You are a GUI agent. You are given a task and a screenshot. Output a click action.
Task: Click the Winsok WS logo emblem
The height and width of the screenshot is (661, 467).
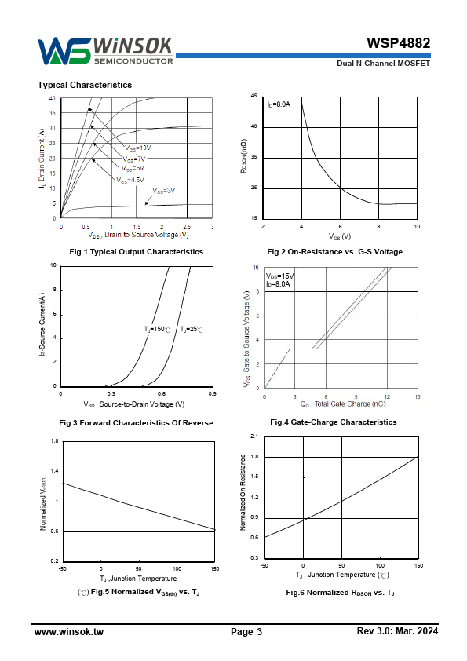[64, 52]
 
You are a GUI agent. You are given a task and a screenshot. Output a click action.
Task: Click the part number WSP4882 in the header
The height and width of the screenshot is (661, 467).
[398, 43]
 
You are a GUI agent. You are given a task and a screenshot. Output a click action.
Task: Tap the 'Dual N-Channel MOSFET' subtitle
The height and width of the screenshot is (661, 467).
[383, 64]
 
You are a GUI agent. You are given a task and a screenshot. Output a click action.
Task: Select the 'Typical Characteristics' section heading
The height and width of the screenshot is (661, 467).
[85, 85]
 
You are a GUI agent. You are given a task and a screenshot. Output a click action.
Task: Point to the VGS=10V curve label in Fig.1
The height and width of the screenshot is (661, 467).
[138, 148]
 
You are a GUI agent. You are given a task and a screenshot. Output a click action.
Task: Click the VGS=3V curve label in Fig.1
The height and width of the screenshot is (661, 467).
[163, 191]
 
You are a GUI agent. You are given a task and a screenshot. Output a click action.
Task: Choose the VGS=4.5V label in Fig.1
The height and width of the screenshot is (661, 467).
[130, 180]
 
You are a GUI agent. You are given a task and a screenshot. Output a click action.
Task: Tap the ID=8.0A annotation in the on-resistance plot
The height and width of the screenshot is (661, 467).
[279, 104]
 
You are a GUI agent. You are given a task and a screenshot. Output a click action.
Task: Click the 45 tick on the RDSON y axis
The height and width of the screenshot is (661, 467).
[254, 96]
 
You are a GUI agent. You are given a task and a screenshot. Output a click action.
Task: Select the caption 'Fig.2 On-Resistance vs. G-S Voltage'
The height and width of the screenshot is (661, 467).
[334, 252]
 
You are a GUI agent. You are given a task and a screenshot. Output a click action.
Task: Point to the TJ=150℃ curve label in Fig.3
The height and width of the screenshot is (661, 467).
[157, 329]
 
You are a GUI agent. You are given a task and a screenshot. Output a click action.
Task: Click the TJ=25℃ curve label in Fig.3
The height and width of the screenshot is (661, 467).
[192, 329]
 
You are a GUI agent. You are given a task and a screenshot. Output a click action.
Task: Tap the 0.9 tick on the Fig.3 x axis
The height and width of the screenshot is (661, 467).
[213, 394]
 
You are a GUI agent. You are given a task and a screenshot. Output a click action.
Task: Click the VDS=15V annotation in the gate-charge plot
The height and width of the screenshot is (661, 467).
[280, 276]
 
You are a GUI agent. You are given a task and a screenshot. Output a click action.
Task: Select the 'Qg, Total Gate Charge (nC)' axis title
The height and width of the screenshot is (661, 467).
[343, 404]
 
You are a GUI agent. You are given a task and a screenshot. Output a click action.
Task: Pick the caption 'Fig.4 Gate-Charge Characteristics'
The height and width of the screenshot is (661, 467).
[334, 422]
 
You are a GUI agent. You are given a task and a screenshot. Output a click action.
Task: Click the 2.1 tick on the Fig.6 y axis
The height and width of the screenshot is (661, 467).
[254, 436]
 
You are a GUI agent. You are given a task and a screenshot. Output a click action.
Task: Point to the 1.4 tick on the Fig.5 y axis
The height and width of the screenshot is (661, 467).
[54, 471]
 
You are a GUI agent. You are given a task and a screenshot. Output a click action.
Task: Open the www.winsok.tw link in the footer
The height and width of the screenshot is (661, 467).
[69, 631]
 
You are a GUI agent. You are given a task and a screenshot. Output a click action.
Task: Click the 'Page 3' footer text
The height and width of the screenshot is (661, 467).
[246, 631]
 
